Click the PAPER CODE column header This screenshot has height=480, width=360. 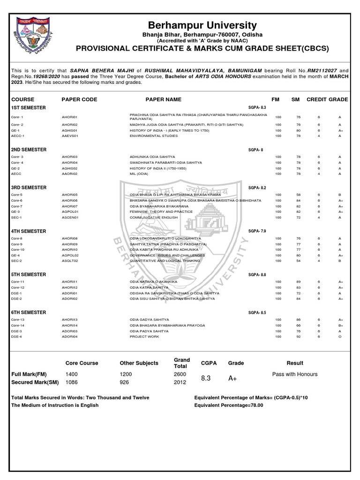79,99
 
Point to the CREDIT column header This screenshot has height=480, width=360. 316,99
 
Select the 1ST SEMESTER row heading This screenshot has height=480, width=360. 29,108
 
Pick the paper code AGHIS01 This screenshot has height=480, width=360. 69,130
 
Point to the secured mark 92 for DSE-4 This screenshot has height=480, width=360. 298,337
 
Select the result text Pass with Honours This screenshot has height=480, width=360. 295,374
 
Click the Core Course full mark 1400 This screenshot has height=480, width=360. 73,374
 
